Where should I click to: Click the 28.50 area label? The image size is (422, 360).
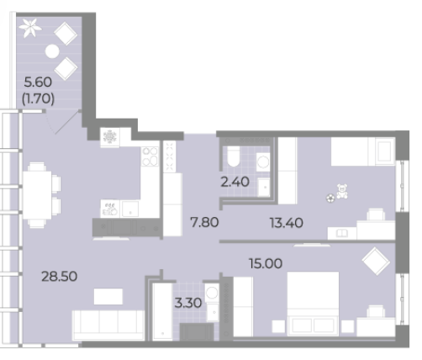[60, 277]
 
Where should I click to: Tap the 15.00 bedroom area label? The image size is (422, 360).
[266, 263]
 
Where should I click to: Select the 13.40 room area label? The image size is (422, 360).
[287, 223]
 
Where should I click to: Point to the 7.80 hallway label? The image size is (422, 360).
[204, 222]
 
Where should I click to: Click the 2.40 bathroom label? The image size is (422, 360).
[235, 182]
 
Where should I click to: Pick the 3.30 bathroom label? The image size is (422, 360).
[188, 303]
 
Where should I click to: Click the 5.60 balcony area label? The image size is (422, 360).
[38, 82]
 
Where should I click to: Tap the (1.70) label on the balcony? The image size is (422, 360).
[38, 98]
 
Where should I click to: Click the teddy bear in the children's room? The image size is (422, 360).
[342, 192]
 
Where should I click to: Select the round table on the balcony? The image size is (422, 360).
[52, 51]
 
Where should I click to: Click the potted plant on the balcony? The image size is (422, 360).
[30, 28]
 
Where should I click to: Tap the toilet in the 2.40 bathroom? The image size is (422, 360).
[234, 156]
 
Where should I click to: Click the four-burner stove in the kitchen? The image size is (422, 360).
[150, 156]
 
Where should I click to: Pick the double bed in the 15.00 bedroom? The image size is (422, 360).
[313, 304]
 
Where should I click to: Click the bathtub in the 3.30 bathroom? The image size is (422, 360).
[162, 312]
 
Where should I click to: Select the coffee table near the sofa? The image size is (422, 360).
[108, 296]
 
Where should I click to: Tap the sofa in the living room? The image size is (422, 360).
[108, 325]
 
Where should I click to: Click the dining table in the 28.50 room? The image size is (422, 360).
[37, 195]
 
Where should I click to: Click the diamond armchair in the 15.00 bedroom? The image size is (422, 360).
[376, 261]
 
